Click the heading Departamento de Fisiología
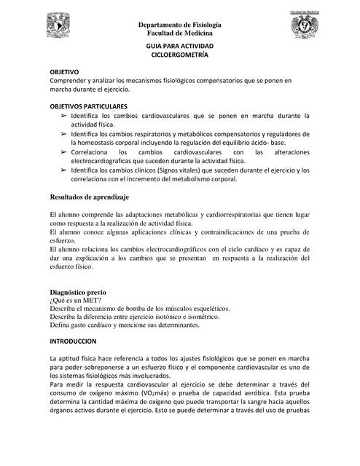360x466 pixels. pos(180,25)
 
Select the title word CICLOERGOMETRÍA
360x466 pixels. pos(179,55)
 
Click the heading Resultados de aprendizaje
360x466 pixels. pos(89,197)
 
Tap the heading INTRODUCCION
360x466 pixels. pos(73,340)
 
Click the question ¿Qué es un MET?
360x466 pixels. pos(75,300)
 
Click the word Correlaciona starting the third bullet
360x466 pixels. pos(94,151)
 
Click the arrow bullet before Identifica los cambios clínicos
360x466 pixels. pos(63,170)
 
